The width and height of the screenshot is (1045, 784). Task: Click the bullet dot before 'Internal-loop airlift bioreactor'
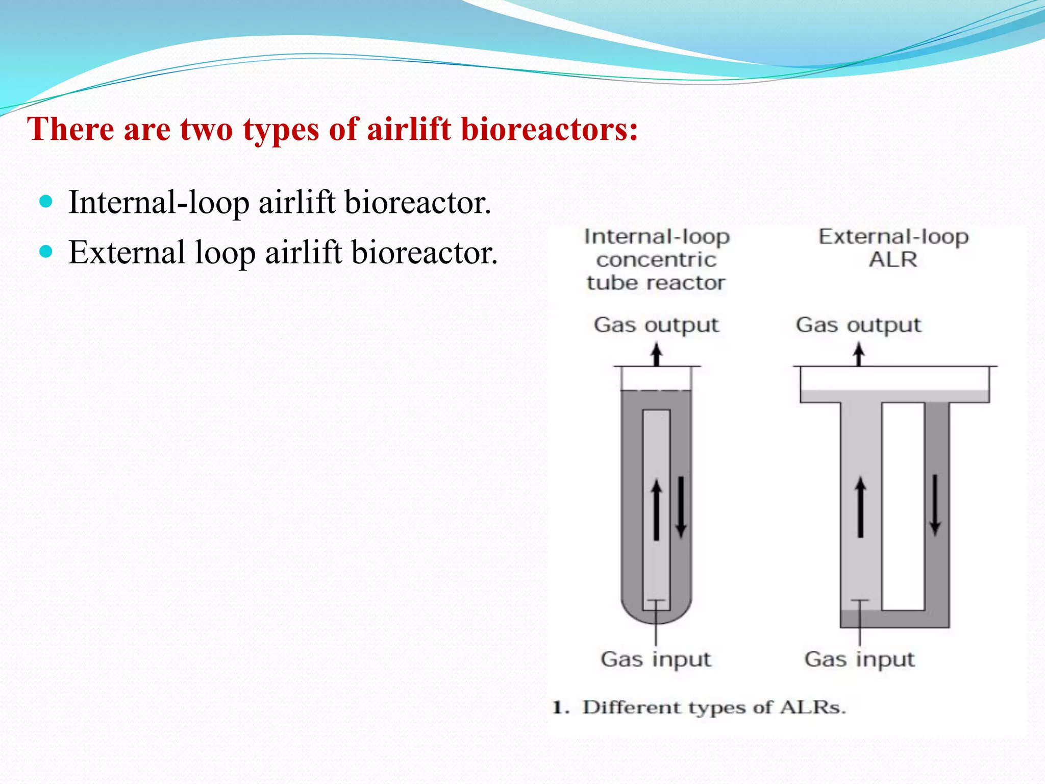click(46, 201)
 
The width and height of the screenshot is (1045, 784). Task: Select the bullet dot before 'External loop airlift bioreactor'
click(46, 251)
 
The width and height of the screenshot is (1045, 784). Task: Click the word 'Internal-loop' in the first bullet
click(159, 203)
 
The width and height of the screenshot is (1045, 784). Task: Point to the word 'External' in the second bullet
click(127, 252)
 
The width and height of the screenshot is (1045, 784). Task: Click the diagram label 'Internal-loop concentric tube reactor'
click(657, 260)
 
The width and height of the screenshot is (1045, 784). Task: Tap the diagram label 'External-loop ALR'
click(893, 248)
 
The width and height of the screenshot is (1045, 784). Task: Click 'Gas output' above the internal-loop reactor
click(656, 325)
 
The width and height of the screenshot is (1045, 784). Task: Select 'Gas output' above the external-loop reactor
click(858, 325)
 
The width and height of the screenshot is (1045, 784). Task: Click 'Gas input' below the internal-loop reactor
click(656, 659)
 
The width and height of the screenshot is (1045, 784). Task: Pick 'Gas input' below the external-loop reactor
click(859, 659)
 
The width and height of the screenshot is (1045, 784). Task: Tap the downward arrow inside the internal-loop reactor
click(681, 506)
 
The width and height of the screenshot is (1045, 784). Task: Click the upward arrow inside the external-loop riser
click(860, 506)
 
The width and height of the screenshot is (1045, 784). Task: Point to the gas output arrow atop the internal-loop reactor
click(657, 355)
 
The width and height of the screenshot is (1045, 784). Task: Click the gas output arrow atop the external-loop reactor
click(859, 355)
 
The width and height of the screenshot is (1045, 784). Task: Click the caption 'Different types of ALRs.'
click(714, 707)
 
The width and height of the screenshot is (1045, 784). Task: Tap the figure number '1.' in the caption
click(561, 708)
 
